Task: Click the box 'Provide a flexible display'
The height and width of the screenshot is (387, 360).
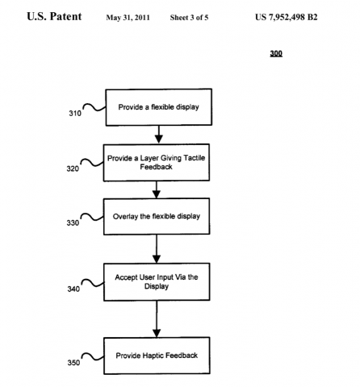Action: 157,106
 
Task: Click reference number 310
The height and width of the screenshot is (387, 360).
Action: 75,114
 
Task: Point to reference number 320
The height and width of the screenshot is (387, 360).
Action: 75,171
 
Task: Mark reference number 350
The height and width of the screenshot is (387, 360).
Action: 75,364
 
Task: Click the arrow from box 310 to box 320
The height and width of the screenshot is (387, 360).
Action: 158,133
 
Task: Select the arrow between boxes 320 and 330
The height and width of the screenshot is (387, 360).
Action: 158,189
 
